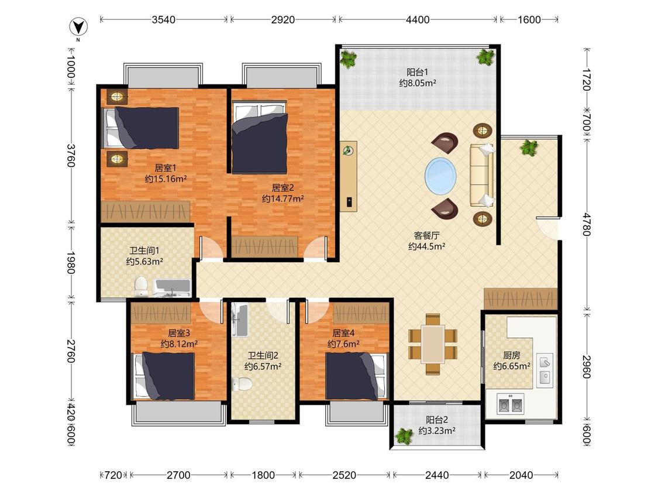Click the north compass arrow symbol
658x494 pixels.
[x=78, y=28]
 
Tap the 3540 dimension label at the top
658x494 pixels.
[x=164, y=20]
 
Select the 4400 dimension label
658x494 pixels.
[x=418, y=20]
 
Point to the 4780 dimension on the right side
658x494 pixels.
[x=587, y=225]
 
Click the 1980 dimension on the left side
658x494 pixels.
[x=71, y=263]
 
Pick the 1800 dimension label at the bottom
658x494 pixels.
[x=263, y=475]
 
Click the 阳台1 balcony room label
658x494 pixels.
[x=417, y=72]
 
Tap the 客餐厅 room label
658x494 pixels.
[x=426, y=235]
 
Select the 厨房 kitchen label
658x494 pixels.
[x=512, y=355]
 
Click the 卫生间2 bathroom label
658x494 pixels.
[x=263, y=355]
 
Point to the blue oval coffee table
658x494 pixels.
[x=440, y=175]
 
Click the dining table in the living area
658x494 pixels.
[x=433, y=344]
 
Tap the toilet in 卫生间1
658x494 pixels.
[x=140, y=286]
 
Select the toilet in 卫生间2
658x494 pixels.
[x=242, y=383]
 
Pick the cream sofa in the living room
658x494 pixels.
[x=482, y=175]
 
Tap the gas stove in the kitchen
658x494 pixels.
[x=510, y=404]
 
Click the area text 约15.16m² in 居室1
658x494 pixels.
[x=166, y=179]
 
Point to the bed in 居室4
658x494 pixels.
[x=356, y=376]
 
